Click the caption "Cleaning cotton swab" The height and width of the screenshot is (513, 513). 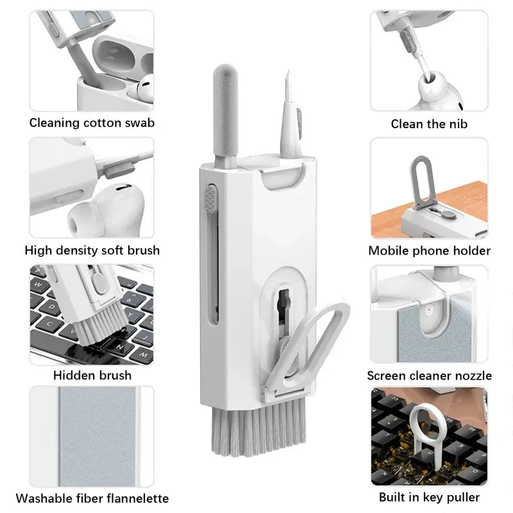(92, 123)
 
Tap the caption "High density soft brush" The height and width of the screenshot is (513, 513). (92, 251)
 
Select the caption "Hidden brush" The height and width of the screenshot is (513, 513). (92, 375)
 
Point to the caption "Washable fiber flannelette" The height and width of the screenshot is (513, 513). (92, 498)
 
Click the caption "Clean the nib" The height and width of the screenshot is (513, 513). (429, 124)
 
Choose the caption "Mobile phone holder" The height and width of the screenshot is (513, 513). (429, 251)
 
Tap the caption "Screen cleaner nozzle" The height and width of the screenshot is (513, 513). (429, 376)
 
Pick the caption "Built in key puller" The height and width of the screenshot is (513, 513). (429, 498)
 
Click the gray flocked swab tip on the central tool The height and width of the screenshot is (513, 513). (225, 111)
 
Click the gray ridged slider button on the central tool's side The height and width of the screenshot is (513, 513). (211, 198)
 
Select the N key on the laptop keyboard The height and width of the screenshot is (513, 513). (121, 347)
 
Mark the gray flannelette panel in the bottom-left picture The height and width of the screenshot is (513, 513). (97, 436)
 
